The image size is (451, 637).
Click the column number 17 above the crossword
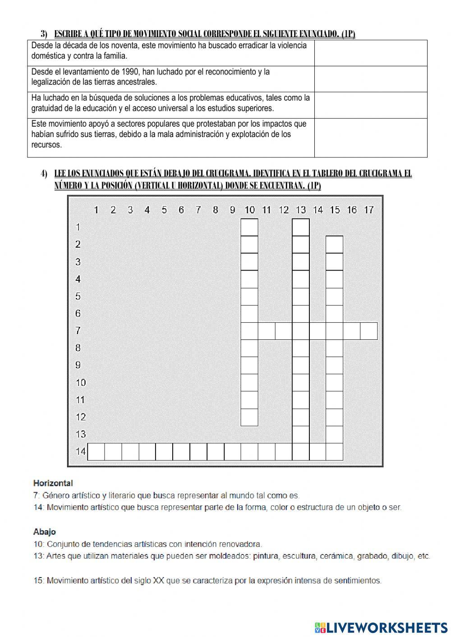click(x=368, y=210)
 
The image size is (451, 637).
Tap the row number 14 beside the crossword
click(x=81, y=451)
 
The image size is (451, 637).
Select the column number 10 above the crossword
click(x=249, y=210)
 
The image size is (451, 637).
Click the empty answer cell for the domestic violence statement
click(x=370, y=53)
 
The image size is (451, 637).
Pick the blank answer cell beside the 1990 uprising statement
click(x=370, y=79)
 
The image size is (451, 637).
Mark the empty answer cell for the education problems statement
click(x=370, y=105)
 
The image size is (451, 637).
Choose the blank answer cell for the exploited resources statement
click(x=370, y=137)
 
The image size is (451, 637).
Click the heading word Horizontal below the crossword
click(x=53, y=483)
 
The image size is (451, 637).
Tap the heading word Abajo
click(x=45, y=532)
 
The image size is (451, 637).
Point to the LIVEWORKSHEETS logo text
click(x=387, y=627)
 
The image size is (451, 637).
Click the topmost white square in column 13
click(x=301, y=227)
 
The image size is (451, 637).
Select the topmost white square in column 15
click(x=335, y=244)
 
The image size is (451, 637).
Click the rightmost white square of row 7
click(x=369, y=331)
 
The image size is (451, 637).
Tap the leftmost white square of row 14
click(x=96, y=451)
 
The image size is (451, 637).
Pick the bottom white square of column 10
click(x=249, y=417)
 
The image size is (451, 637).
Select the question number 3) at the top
click(x=44, y=34)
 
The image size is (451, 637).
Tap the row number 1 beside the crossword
click(x=78, y=227)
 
